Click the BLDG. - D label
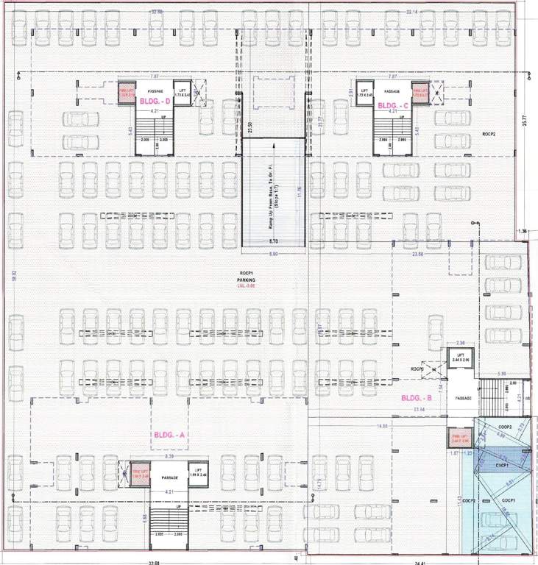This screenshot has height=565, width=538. [x=155, y=104]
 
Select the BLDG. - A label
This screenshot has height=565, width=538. [x=171, y=435]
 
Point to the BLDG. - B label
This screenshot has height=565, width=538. [x=416, y=399]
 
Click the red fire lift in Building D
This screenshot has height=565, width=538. [x=125, y=93]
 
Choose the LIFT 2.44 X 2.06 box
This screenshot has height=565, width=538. [x=460, y=359]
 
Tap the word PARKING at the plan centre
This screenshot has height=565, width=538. [x=246, y=281]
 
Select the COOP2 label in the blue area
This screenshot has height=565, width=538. [x=504, y=427]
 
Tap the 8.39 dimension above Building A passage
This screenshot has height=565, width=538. [x=170, y=457]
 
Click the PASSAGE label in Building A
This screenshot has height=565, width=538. [x=169, y=478]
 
